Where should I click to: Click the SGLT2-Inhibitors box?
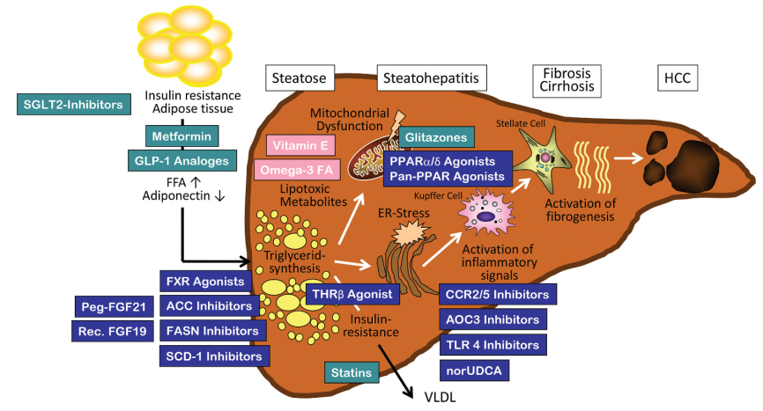pyautogui.click(x=74, y=105)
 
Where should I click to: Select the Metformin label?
pyautogui.click(x=179, y=137)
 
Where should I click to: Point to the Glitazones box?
pyautogui.click(x=436, y=138)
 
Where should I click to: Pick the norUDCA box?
pyautogui.click(x=474, y=370)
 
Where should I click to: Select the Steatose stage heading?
pyautogui.click(x=300, y=79)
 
